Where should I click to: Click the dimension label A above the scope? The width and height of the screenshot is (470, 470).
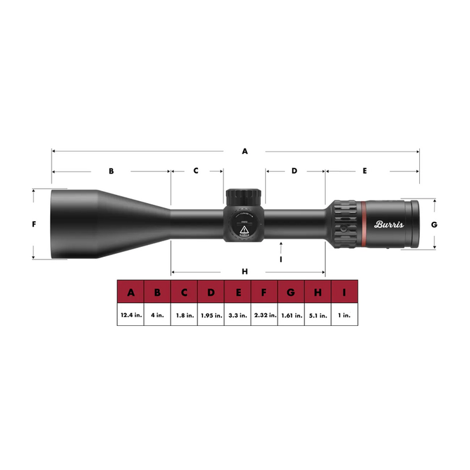245,151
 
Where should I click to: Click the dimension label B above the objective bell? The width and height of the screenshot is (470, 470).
111,170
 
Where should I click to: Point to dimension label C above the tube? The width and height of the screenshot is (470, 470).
196,170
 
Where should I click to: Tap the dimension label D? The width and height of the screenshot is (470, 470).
294,170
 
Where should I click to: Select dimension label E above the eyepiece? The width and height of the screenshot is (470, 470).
364,170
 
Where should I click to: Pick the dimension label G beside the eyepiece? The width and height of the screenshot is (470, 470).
434,224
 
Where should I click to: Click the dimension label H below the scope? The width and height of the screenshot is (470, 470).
245,271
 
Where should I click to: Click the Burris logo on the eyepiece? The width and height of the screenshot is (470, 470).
389,224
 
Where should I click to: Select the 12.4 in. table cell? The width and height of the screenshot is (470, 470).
130,316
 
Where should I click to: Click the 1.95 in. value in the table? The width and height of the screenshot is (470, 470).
211,316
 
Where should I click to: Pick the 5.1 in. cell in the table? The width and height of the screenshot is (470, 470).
318,316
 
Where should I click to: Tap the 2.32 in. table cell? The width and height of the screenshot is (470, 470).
264,316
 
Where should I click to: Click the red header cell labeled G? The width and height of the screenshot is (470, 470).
291,293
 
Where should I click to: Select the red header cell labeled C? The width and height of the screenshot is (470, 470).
184,293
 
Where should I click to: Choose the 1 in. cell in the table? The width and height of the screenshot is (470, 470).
345,316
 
